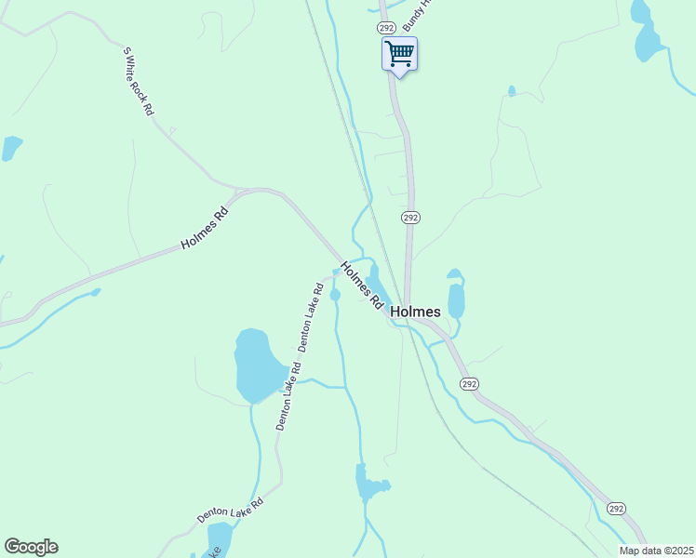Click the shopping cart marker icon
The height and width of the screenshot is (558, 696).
399,54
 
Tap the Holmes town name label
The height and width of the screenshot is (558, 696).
416,312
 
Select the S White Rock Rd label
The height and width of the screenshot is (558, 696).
138,81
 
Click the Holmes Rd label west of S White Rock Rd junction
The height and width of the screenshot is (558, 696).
205,228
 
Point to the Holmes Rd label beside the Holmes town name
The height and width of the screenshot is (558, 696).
362,285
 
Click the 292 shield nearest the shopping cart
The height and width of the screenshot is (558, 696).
384,29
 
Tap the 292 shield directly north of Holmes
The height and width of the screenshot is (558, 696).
411,217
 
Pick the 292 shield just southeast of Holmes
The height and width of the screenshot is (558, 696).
469,383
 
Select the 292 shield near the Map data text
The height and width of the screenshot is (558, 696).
616,508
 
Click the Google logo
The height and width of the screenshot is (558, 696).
31,547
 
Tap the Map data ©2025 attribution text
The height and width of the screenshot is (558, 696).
656,551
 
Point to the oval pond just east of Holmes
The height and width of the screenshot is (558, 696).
456,298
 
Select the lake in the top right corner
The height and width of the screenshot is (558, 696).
645,33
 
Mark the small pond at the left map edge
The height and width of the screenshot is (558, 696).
11,147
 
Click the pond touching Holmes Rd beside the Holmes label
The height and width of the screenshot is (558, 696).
376,282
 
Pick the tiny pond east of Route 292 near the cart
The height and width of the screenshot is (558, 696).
512,91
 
